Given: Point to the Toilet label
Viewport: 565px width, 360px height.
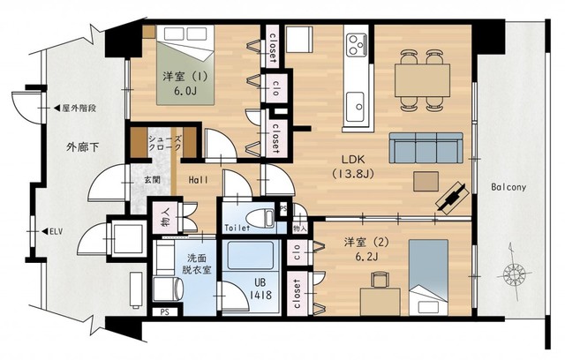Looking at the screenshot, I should point(236,228).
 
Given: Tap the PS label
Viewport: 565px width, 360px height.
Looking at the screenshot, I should point(163,311).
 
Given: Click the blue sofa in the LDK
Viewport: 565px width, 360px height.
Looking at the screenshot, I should point(426,149).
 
